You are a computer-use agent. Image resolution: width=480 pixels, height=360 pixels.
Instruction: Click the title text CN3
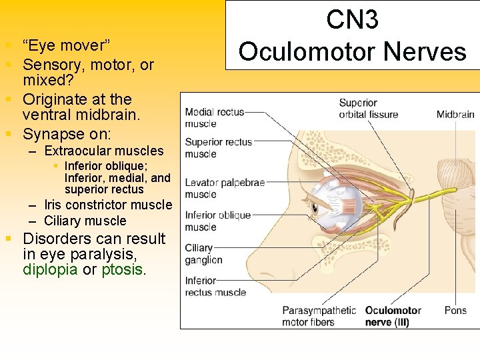[353, 20]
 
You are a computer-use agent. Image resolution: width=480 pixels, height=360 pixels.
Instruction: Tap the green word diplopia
[51, 270]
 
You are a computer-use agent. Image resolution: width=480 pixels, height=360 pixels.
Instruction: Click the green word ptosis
[122, 270]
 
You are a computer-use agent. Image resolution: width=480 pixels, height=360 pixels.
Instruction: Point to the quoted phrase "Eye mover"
[66, 45]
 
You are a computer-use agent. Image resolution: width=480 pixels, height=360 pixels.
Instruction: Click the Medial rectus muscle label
[214, 117]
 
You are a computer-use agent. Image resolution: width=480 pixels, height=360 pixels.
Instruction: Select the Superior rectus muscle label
[218, 147]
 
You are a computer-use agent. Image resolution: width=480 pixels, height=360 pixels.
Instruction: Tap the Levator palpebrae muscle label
[225, 188]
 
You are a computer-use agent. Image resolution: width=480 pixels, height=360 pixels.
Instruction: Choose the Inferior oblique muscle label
[218, 221]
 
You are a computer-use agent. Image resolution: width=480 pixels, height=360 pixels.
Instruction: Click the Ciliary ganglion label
[203, 254]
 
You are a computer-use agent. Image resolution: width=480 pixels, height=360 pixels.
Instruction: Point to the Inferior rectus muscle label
[215, 287]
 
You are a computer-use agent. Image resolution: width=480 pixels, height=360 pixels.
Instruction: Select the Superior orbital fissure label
[368, 109]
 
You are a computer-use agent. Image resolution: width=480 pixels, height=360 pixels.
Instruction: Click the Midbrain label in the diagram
[455, 114]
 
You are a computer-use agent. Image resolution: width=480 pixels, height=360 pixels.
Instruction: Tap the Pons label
[455, 311]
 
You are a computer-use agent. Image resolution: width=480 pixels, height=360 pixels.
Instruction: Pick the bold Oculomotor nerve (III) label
[393, 317]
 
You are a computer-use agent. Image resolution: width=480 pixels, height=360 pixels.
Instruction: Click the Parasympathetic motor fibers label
[319, 317]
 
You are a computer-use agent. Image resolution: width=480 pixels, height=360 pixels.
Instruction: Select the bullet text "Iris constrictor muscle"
[107, 205]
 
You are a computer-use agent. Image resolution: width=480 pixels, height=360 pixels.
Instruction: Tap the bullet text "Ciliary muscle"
[85, 221]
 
